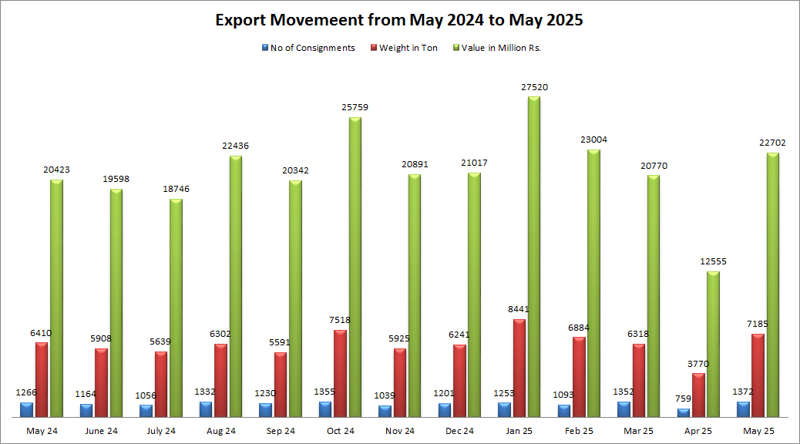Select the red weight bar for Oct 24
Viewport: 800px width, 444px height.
(340, 373)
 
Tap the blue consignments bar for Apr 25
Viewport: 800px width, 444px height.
(684, 412)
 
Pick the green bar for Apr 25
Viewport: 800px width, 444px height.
(713, 344)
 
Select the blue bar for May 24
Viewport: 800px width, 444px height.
(27, 409)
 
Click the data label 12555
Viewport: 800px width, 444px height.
(713, 261)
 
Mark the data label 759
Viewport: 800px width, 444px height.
(683, 399)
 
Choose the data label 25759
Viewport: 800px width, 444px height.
(355, 108)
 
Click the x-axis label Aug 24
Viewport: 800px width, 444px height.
(220, 431)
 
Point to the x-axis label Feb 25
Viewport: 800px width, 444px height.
(580, 431)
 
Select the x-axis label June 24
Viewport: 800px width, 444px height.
(102, 431)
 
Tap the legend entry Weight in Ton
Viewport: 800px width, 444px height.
(409, 48)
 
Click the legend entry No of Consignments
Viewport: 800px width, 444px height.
(312, 48)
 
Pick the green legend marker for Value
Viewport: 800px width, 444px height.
(456, 48)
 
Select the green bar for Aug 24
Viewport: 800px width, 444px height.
(236, 286)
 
